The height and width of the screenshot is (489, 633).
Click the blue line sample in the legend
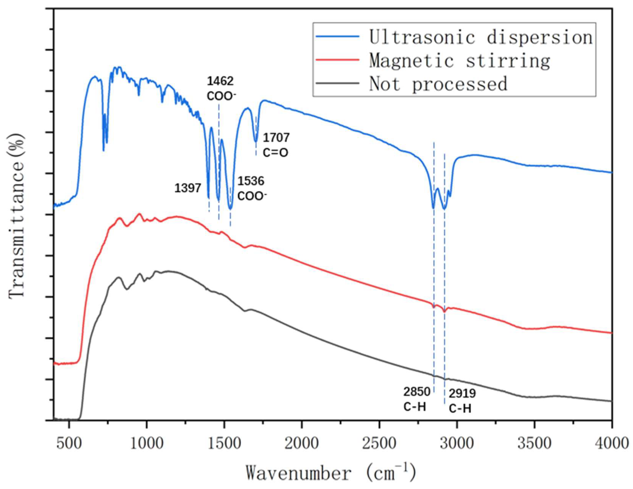pyautogui.click(x=338, y=36)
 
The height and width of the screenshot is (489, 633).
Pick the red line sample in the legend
pyautogui.click(x=338, y=59)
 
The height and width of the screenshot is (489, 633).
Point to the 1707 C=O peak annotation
pyautogui.click(x=276, y=145)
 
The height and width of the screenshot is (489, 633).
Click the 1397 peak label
pyautogui.click(x=188, y=188)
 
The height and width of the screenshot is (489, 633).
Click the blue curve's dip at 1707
pyautogui.click(x=256, y=141)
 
